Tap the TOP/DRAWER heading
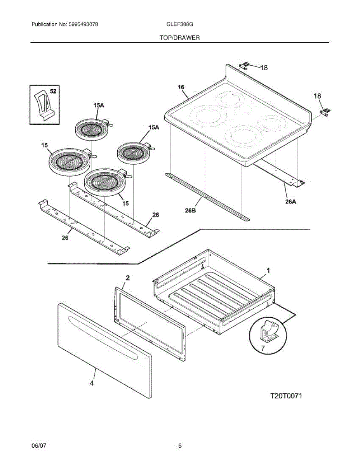coord(179,38)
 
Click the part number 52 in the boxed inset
coord(53,91)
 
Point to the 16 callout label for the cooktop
coord(181,87)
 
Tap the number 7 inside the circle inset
coord(263,348)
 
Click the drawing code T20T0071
coord(286,396)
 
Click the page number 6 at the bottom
coord(180,446)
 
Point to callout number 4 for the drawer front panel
coord(92,383)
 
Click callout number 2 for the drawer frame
coord(128,278)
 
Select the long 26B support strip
coord(206,196)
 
